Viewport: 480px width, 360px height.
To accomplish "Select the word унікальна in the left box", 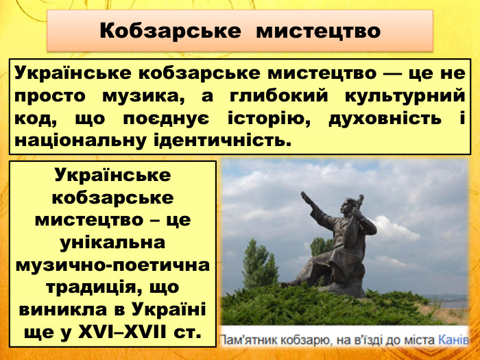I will (x=112, y=243).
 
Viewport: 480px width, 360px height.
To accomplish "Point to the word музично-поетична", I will (x=112, y=265).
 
